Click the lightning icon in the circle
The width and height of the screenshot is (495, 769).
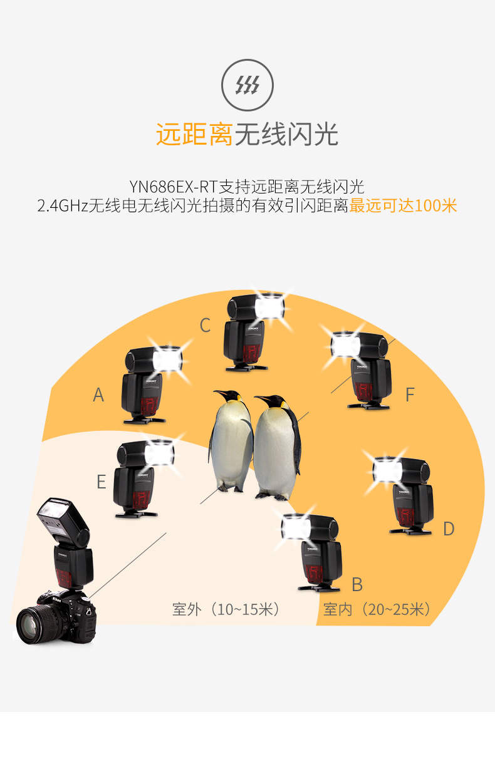(x=247, y=85)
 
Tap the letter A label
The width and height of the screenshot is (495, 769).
(x=98, y=395)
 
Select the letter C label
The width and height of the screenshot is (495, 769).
(x=205, y=325)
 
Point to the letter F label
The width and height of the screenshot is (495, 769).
(x=410, y=395)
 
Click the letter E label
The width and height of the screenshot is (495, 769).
(x=101, y=482)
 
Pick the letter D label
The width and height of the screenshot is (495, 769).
(x=449, y=529)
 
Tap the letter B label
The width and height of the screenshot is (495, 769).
(x=357, y=584)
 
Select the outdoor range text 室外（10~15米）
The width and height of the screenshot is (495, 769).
(x=227, y=610)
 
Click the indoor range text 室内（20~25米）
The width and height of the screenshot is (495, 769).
(x=377, y=610)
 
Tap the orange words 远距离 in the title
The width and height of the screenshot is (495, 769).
(x=194, y=134)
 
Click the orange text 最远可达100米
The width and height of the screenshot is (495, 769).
(x=403, y=205)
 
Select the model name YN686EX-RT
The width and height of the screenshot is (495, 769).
(x=174, y=187)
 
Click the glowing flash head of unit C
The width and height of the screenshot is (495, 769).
(x=269, y=307)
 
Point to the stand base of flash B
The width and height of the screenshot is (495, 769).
(x=319, y=588)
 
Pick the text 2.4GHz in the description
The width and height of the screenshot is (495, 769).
(x=63, y=206)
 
